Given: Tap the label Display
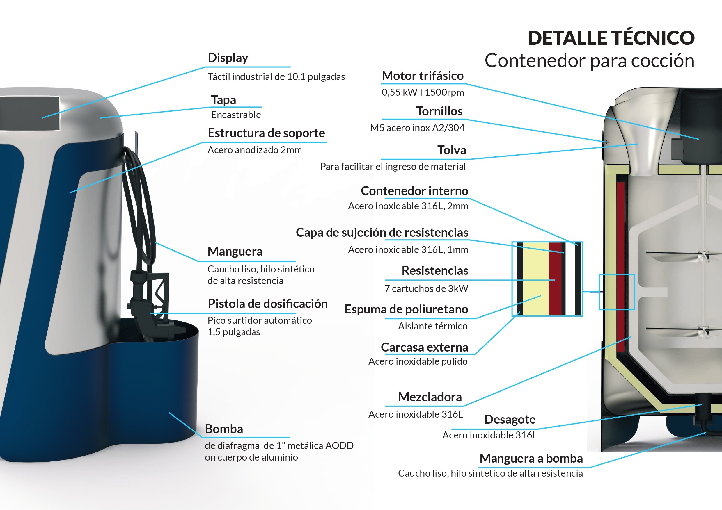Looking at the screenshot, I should (x=228, y=58).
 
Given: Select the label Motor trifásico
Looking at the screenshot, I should (x=422, y=76).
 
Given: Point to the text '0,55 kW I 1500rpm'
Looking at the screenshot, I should (x=423, y=92).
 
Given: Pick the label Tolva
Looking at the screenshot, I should (x=452, y=150).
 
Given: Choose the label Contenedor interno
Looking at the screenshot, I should (x=414, y=191).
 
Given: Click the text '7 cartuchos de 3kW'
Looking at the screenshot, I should (x=426, y=288).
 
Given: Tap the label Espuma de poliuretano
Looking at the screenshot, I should (x=406, y=309).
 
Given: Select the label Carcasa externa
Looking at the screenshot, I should (x=424, y=347).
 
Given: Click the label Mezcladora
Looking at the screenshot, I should (x=430, y=397).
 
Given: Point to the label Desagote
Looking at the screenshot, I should (x=510, y=419).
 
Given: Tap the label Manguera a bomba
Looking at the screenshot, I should (x=531, y=459).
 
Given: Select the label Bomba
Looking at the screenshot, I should (x=224, y=429).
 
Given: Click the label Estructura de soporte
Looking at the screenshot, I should (x=266, y=133).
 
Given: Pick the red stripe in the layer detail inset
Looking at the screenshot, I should (x=555, y=279).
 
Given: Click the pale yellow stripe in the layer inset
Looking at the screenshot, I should (x=536, y=279).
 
